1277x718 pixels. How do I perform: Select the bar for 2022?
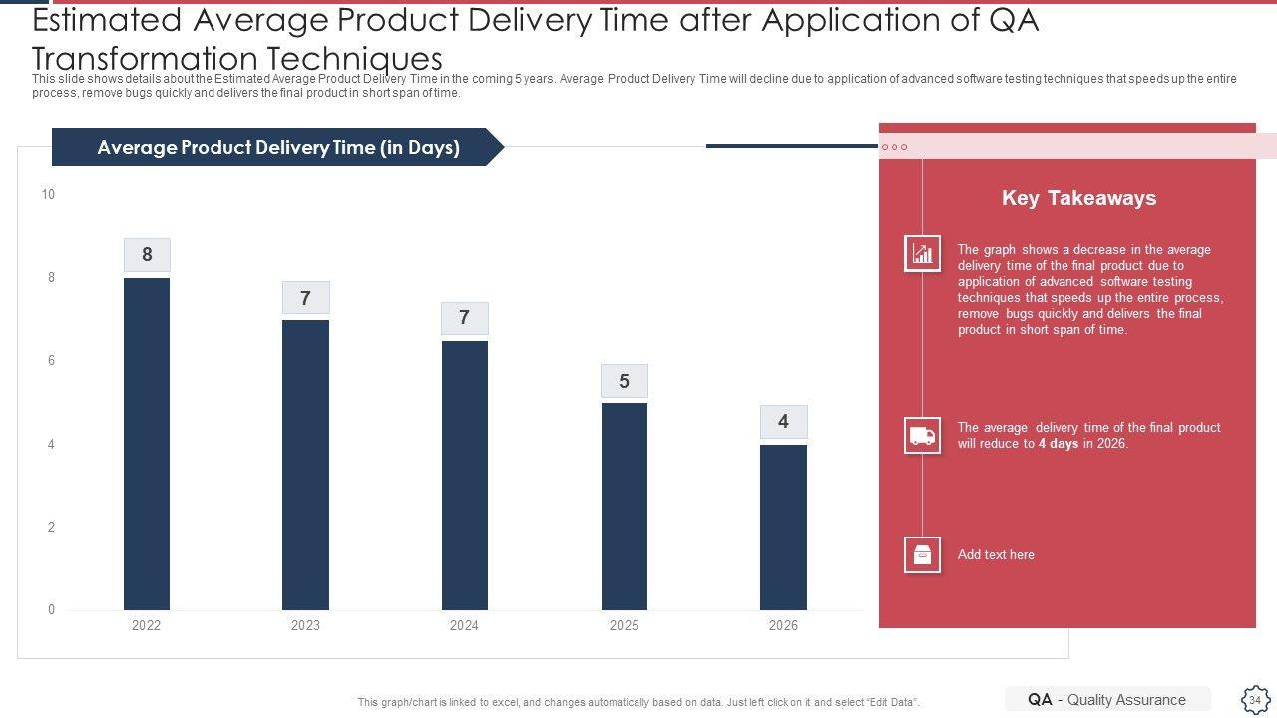147,444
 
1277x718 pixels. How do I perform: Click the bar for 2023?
305,465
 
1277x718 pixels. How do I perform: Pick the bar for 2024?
464,475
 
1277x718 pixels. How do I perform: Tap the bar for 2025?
624,506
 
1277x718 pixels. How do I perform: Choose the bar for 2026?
783,527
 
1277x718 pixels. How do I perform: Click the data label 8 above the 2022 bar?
147,254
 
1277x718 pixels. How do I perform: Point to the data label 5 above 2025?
624,381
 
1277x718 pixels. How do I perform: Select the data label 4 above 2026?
783,422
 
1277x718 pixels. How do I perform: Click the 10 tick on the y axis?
48,194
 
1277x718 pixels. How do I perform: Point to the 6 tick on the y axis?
51,361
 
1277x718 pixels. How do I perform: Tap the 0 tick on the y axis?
51,609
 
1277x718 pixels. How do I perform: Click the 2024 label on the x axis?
464,626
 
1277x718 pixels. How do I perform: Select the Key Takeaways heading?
1078,198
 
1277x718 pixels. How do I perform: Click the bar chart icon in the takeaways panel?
922,254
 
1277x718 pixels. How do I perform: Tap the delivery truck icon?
922,435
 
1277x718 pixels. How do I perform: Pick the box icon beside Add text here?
922,555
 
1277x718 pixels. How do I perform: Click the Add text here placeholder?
996,555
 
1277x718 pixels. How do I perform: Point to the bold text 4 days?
1058,444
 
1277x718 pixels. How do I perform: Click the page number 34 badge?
1254,700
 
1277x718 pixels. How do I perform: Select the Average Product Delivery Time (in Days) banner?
277,147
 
